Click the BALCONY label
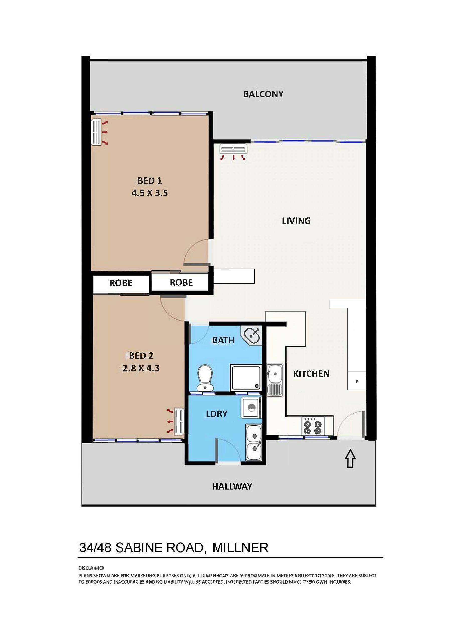point(263,94)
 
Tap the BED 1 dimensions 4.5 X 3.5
point(150,193)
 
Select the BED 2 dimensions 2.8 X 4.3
point(141,368)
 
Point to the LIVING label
point(296,221)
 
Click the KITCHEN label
point(311,374)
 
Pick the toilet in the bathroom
point(205,377)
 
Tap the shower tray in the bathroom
point(246,377)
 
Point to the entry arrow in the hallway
point(350,458)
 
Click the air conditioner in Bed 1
point(96,132)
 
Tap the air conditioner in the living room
point(233,149)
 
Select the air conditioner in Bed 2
point(179,422)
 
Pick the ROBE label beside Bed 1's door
point(181,282)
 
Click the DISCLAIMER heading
point(92,568)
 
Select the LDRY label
point(217,414)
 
